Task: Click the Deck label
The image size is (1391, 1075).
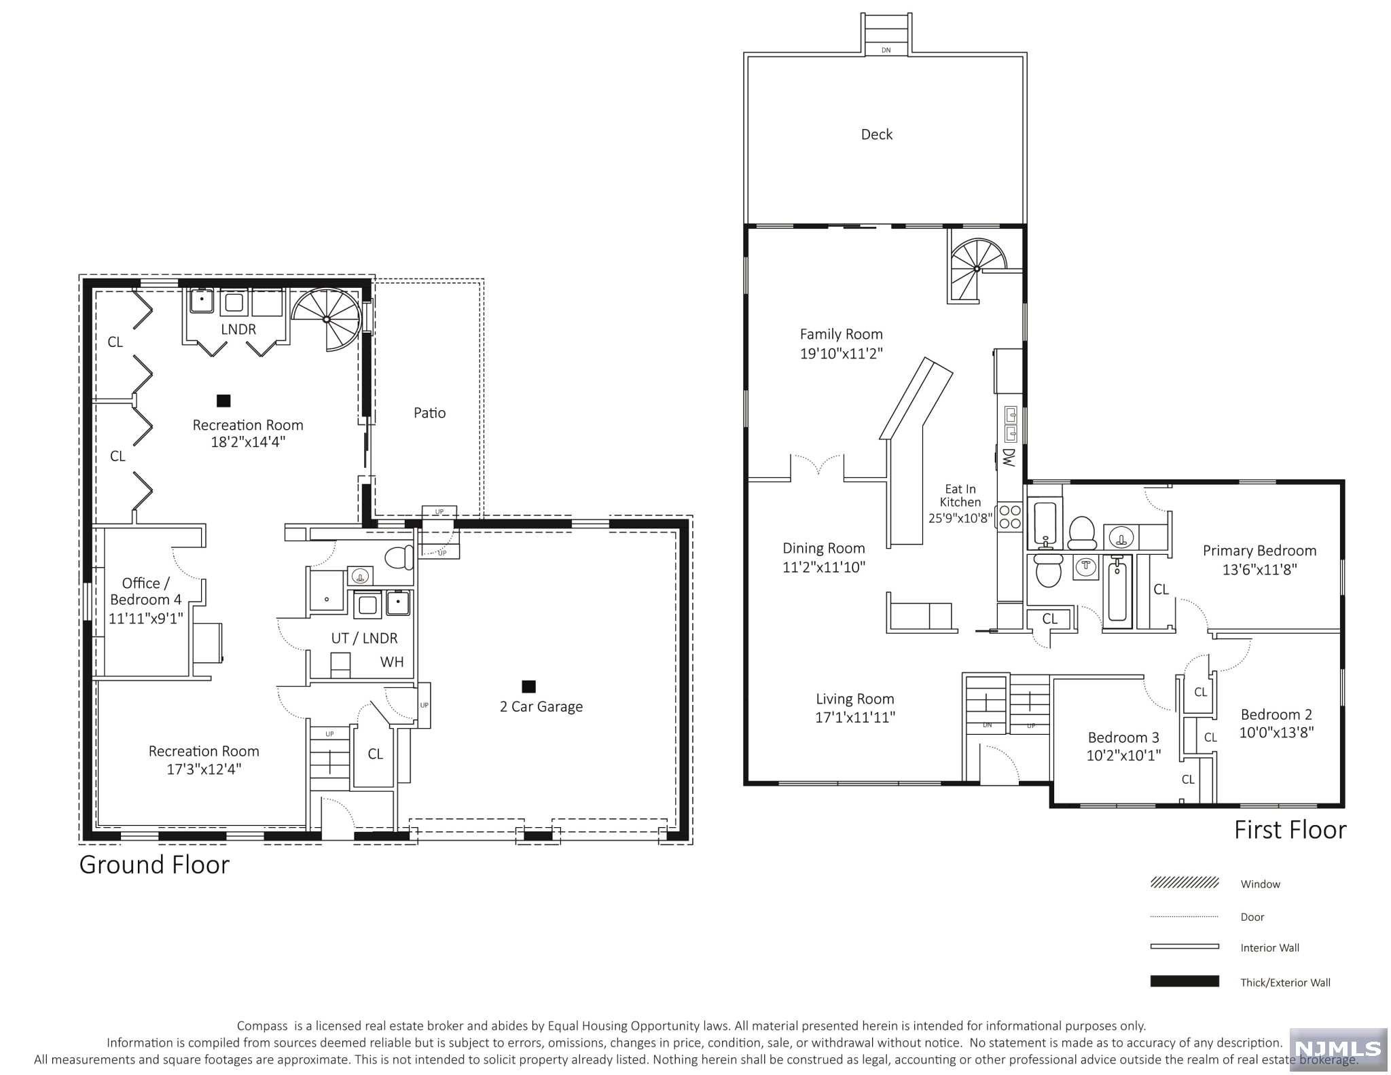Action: tap(876, 134)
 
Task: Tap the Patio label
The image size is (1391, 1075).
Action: tap(430, 413)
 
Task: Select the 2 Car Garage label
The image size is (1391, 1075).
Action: tap(541, 707)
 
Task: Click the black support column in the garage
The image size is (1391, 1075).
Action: tap(528, 687)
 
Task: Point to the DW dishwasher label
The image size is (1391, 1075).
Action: tap(1008, 457)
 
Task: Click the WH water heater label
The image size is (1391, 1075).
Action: tap(392, 662)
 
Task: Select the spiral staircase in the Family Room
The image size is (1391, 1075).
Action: tap(977, 270)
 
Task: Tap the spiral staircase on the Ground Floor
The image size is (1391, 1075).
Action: tap(327, 319)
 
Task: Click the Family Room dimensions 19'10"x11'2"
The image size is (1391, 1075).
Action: tap(841, 353)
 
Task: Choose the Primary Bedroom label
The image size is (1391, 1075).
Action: tap(1259, 551)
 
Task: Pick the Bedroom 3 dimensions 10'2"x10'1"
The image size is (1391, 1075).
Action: tap(1123, 755)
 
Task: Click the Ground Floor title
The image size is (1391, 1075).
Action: tap(154, 864)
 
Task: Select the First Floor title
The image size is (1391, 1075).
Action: tap(1290, 830)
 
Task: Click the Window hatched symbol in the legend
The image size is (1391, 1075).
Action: tap(1185, 883)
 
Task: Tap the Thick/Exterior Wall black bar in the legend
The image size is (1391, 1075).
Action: tap(1185, 981)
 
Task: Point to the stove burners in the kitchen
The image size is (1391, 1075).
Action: tap(1009, 517)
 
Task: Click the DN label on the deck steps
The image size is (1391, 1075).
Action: tap(886, 50)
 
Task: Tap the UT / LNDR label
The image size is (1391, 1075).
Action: tap(364, 638)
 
